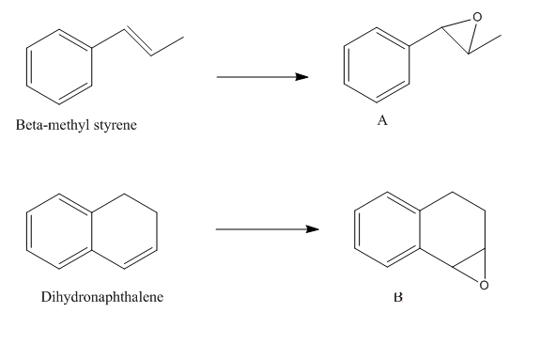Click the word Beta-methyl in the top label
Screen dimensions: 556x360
[x=54, y=125]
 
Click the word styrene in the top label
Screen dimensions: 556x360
[x=116, y=126]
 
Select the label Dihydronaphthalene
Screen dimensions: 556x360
[x=102, y=297]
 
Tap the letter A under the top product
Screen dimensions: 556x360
[x=382, y=120]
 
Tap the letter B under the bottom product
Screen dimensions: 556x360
[x=398, y=297]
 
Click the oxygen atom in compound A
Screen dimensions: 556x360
[x=477, y=17]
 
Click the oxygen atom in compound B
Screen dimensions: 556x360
[x=484, y=285]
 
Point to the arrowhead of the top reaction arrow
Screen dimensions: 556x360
[x=301, y=77]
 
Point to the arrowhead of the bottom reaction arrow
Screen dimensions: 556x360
[x=312, y=229]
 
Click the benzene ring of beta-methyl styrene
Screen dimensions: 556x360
[x=26, y=67]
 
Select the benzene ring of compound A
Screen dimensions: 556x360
[x=344, y=65]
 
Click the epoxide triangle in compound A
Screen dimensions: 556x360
[x=456, y=40]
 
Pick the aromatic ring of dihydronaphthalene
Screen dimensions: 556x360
[x=26, y=231]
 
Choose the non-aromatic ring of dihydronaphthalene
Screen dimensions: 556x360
[x=157, y=231]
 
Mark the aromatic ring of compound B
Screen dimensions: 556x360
[x=355, y=229]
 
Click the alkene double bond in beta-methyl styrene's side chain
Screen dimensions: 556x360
[x=139, y=41]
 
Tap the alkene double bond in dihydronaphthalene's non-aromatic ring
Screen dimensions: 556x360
[x=141, y=258]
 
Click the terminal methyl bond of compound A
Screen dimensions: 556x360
[x=485, y=44]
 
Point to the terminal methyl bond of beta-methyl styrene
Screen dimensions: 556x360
[x=167, y=46]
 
